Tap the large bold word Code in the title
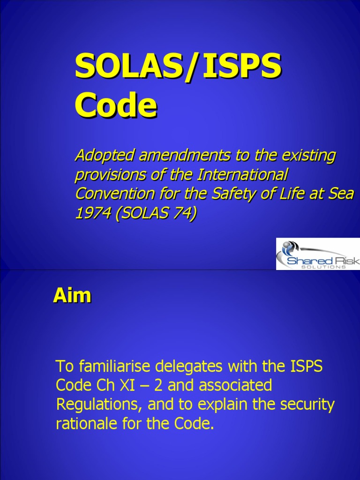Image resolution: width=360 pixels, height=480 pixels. [x=116, y=105]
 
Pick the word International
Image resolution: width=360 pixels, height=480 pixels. [x=242, y=175]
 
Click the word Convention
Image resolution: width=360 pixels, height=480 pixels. [x=111, y=194]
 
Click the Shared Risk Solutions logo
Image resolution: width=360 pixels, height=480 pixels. [x=317, y=254]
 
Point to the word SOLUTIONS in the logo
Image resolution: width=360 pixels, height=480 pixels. [x=323, y=266]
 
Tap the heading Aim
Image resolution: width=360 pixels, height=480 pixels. [x=72, y=296]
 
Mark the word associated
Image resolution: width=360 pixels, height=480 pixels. [x=235, y=385]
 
